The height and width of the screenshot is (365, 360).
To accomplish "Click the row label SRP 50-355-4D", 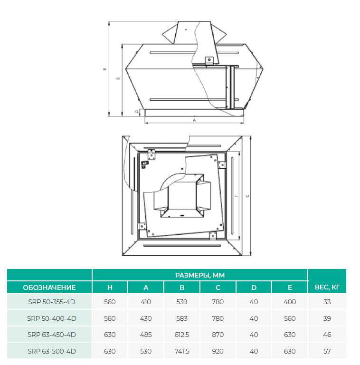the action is [x=52, y=302].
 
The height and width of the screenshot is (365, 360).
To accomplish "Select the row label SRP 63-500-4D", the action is [x=52, y=351].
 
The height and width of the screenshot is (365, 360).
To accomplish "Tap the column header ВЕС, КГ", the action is [x=327, y=287].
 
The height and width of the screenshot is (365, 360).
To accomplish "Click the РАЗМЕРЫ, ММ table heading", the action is [x=200, y=275].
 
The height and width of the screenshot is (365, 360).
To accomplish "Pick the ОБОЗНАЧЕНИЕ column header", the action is [x=49, y=288].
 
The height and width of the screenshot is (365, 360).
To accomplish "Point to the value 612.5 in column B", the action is [x=182, y=335].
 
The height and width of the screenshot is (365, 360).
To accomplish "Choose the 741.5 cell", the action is [x=182, y=351].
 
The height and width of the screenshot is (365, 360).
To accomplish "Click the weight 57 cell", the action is [x=327, y=351].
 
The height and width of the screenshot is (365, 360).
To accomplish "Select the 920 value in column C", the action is [x=218, y=351].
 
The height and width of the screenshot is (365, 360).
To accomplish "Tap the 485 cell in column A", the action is [x=146, y=335].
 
